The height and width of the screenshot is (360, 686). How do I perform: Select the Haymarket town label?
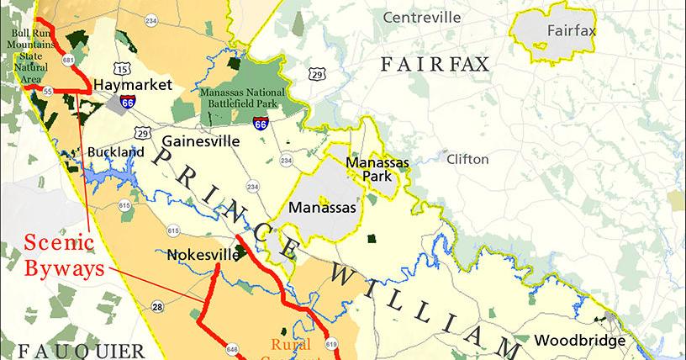point(133,85)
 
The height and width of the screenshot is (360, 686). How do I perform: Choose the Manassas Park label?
point(377,169)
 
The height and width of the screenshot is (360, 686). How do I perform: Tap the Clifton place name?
point(467,158)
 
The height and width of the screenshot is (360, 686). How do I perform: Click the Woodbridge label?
point(579,341)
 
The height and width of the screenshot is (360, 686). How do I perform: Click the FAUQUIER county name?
point(82,351)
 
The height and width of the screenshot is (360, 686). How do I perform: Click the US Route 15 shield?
point(124,68)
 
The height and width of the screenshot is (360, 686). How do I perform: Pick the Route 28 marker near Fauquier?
point(157,308)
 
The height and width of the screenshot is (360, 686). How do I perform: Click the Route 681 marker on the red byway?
point(67,61)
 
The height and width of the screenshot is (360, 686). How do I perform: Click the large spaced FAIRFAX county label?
point(435,64)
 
